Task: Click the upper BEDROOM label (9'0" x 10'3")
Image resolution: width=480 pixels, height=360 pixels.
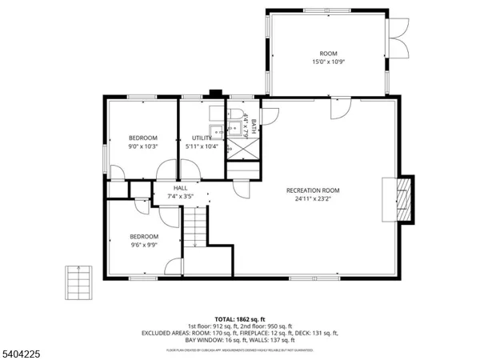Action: point(143,138)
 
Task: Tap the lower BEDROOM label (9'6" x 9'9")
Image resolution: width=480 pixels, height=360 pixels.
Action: point(144,237)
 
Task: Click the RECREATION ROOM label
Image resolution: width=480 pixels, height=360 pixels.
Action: point(314,190)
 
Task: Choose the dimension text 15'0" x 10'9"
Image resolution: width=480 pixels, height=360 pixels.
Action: point(328,62)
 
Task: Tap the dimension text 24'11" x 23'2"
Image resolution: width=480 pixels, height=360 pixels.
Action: point(314,199)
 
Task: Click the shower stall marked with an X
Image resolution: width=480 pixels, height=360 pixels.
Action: point(241,150)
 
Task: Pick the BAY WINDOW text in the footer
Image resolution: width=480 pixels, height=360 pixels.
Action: point(198,340)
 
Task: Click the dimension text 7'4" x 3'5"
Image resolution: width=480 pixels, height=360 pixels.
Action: point(180,196)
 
